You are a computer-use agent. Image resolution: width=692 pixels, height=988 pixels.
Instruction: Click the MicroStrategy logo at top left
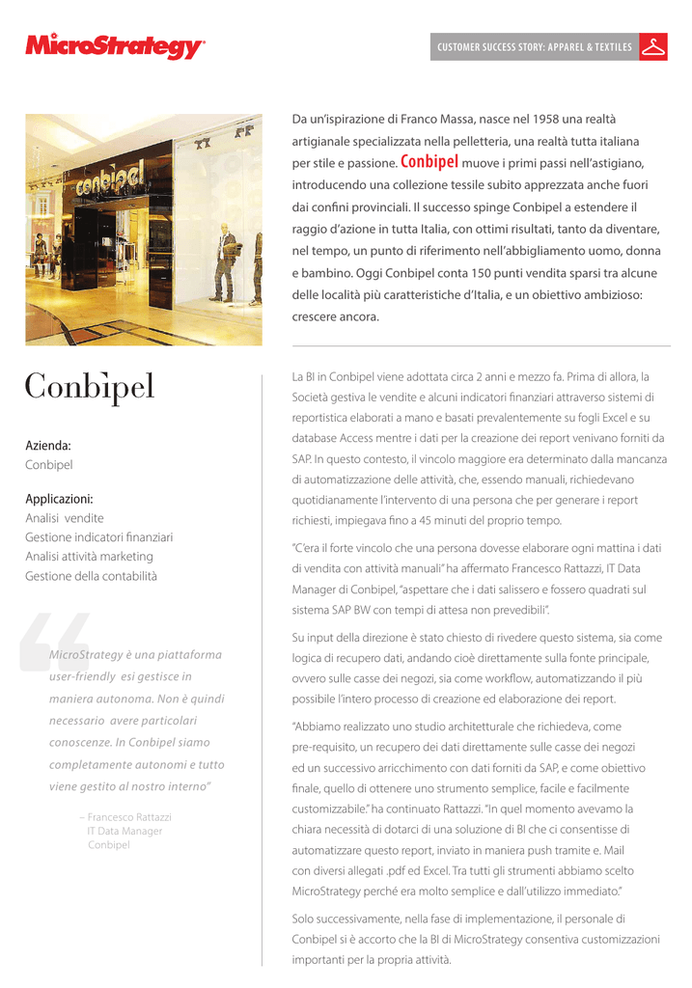pyautogui.click(x=115, y=46)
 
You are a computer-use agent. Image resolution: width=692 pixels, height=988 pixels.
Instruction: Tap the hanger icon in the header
pyautogui.click(x=655, y=46)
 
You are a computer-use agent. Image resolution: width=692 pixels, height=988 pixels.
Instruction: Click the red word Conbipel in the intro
pyautogui.click(x=429, y=162)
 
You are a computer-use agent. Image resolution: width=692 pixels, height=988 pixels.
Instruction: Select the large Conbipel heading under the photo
pyautogui.click(x=89, y=387)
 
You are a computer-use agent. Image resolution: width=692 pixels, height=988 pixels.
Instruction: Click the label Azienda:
pyautogui.click(x=48, y=446)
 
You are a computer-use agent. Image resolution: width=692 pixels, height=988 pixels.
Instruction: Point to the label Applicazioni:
pyautogui.click(x=59, y=500)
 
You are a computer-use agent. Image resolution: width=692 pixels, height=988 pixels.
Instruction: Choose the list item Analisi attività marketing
pyautogui.click(x=89, y=557)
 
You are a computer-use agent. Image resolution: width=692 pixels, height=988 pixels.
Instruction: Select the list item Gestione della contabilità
pyautogui.click(x=91, y=576)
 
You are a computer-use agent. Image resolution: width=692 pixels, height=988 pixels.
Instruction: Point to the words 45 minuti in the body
pyautogui.click(x=442, y=520)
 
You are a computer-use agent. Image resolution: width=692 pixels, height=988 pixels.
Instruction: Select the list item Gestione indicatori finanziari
pyautogui.click(x=98, y=537)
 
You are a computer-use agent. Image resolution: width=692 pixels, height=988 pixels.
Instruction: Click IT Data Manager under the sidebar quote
pyautogui.click(x=125, y=831)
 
